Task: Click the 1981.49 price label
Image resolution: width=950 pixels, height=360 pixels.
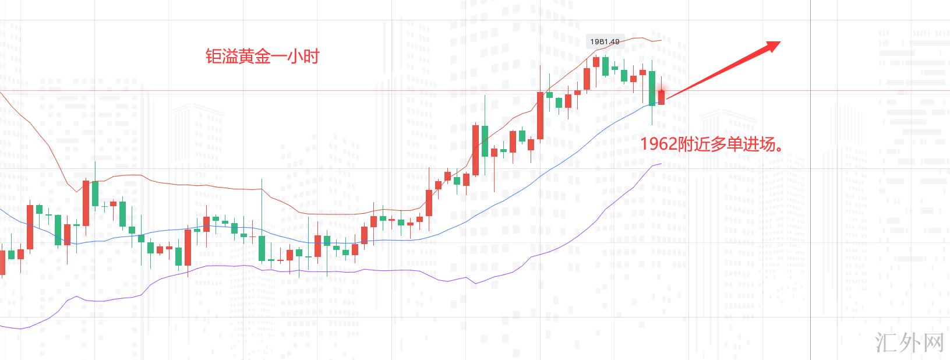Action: pos(605,41)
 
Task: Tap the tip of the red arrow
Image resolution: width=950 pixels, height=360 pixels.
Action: pos(779,42)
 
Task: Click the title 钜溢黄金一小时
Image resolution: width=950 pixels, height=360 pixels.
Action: pos(263,57)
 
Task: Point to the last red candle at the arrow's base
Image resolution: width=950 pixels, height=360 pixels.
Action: pos(661,97)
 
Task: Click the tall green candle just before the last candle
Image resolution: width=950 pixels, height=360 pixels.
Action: pos(652,88)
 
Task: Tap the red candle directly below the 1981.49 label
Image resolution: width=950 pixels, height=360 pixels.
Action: pos(596,61)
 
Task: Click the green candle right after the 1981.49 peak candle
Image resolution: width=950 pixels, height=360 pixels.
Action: pos(606,66)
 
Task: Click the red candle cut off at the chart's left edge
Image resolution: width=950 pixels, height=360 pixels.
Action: pos(2,262)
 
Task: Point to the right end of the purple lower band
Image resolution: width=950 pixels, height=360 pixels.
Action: pos(661,164)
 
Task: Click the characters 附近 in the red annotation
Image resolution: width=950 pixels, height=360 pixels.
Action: pos(697,144)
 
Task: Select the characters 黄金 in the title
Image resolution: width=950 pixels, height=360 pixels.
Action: pos(253,57)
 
